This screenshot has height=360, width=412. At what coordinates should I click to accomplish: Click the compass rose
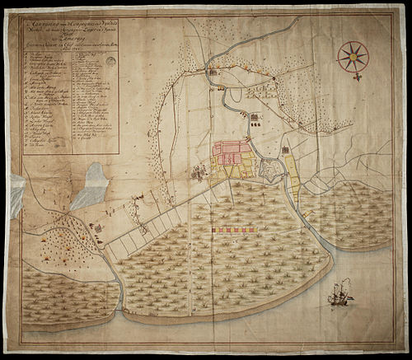pyautogui.click(x=353, y=55)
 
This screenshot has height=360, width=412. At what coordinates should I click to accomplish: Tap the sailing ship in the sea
pyautogui.click(x=339, y=292)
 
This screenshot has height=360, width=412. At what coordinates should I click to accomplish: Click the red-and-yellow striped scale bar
pyautogui.click(x=238, y=231)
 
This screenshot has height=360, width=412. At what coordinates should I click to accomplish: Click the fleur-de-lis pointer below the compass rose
pyautogui.click(x=358, y=76)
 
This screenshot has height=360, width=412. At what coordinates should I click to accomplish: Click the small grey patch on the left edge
pyautogui.click(x=17, y=194)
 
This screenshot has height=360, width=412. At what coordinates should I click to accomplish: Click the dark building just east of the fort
pyautogui.click(x=285, y=150)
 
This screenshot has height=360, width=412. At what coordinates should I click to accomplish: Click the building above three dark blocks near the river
pyautogui.click(x=255, y=116)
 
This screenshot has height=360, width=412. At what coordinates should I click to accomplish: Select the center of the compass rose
pyautogui.click(x=353, y=55)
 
